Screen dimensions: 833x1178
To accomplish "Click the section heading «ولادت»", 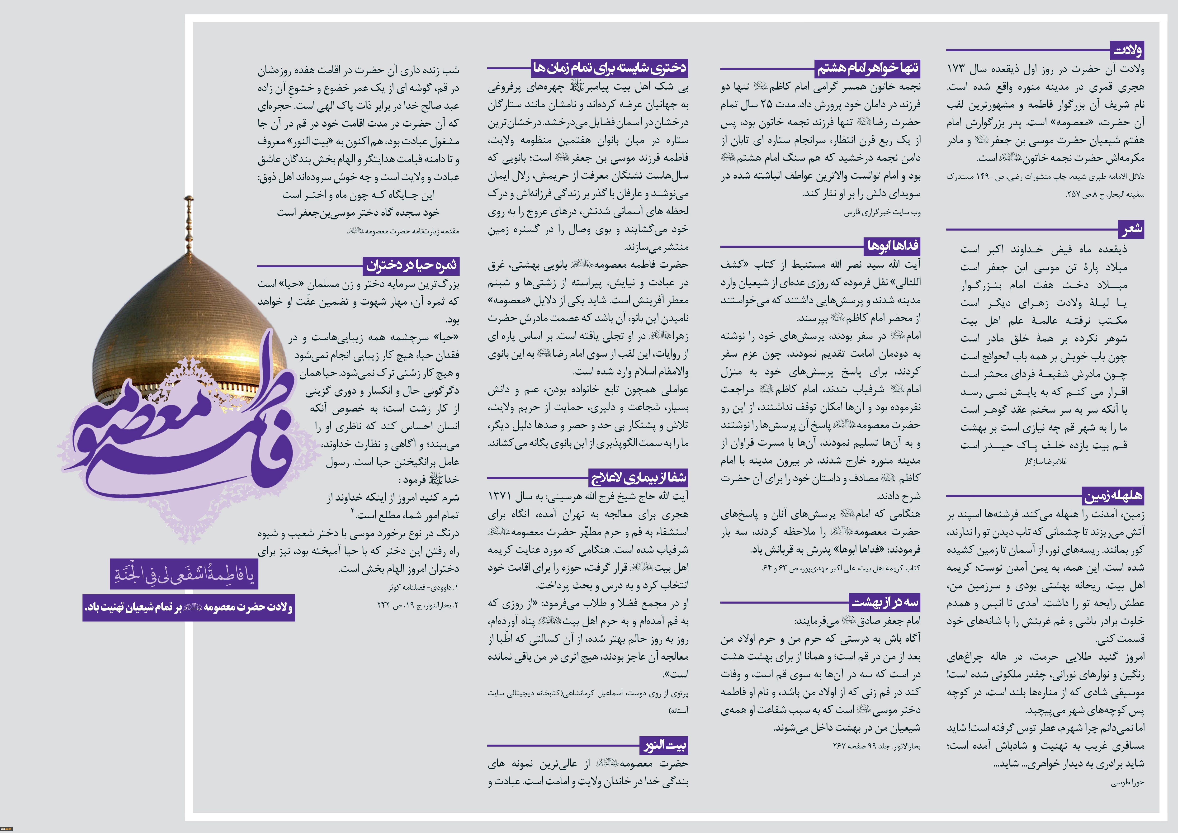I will [x=1127, y=50].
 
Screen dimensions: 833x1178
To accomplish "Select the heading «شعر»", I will [x=1131, y=229].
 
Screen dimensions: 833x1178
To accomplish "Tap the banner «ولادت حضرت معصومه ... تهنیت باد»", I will [x=189, y=607].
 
